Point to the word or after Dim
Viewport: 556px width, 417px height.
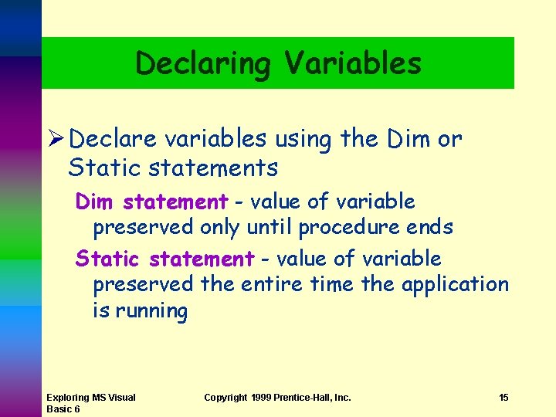click(449, 140)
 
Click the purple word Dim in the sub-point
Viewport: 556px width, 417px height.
click(94, 202)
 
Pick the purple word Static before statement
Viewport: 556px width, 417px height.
click(107, 259)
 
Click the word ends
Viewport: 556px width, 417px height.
click(435, 228)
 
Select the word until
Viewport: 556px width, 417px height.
click(270, 228)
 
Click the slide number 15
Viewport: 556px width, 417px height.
click(503, 398)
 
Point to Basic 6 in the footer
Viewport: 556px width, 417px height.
click(63, 409)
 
